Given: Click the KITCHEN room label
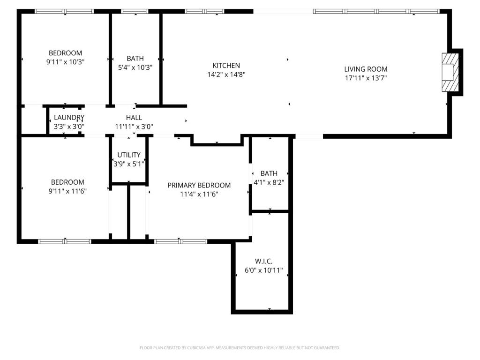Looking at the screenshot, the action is click(226, 66).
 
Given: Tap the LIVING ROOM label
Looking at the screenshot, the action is click(366, 69).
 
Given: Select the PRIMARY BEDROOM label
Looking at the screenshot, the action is click(199, 185).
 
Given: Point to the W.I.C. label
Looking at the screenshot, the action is click(263, 262).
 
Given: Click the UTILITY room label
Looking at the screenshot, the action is click(129, 155).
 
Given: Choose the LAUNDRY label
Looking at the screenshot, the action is click(69, 118).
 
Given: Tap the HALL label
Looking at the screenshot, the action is click(134, 118).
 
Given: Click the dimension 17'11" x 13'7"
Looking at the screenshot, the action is click(366, 78).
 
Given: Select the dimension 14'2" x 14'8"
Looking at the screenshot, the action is click(226, 75).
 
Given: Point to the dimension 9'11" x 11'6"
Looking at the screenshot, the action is click(67, 191).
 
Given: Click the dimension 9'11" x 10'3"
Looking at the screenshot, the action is click(65, 62).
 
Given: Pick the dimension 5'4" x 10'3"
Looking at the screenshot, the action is click(135, 67).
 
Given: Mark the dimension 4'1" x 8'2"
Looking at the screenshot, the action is click(269, 182).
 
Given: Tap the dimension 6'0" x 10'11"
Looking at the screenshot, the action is click(263, 270).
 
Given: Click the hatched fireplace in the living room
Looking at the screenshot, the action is click(450, 72).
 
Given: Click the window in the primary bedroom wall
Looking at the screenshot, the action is click(180, 241).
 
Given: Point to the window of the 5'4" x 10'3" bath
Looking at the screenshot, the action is click(135, 11).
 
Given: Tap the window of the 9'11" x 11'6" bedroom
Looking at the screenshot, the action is click(65, 241).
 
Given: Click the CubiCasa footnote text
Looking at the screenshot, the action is click(240, 348).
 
